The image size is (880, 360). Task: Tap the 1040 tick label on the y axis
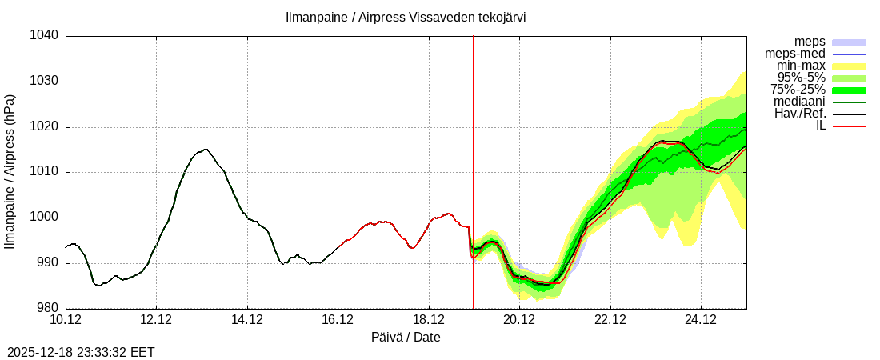(45, 36)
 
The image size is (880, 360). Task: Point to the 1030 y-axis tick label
(45, 82)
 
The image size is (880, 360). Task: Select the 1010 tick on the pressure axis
(45, 172)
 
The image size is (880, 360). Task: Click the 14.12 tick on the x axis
(247, 320)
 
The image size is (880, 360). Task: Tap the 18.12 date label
(429, 320)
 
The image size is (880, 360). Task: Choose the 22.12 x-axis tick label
(610, 320)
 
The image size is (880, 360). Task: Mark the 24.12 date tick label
(701, 320)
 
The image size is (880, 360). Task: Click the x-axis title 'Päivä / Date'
(406, 338)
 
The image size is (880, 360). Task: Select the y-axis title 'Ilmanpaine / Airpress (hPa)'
(10, 172)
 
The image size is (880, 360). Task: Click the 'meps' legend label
(810, 42)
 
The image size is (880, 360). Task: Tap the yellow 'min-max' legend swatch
(849, 66)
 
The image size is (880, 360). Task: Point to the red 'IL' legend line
(849, 126)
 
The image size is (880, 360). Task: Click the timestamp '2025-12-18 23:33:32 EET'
(81, 352)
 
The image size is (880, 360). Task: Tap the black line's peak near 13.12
(206, 149)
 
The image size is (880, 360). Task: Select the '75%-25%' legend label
(798, 90)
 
